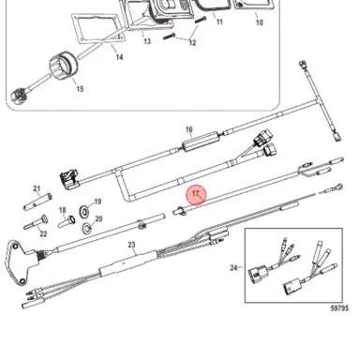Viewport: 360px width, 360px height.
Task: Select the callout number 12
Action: (x=192, y=43)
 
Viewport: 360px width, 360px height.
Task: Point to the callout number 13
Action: (x=147, y=43)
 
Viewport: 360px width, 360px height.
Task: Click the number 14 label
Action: (x=118, y=57)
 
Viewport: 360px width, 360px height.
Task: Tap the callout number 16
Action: (x=188, y=129)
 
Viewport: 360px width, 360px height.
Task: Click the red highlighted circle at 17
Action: (x=196, y=194)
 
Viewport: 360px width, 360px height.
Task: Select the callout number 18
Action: (x=63, y=210)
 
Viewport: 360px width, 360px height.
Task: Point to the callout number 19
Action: (x=98, y=202)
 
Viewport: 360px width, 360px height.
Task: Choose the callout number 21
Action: (x=37, y=188)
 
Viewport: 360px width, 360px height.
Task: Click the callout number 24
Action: (x=233, y=269)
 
